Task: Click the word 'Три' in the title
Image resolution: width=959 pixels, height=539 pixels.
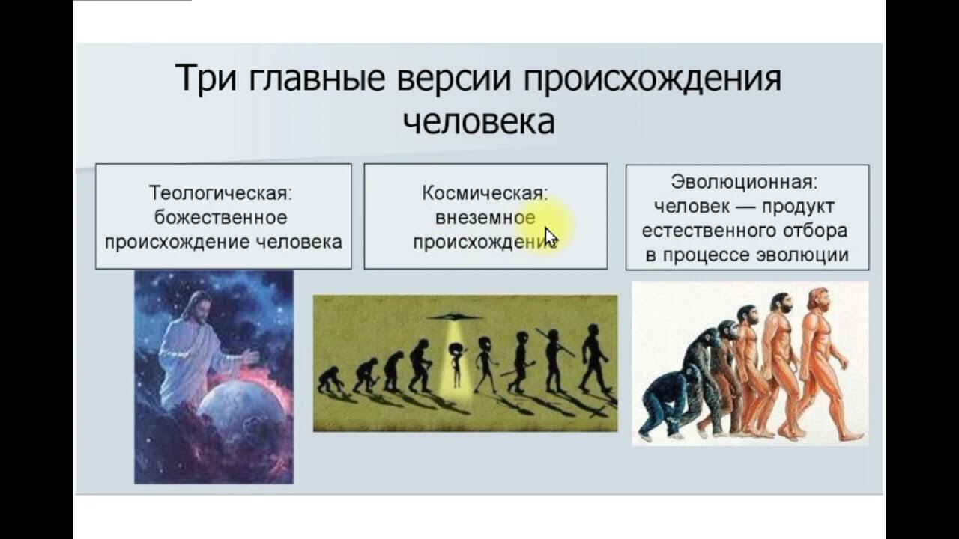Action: [x=206, y=78]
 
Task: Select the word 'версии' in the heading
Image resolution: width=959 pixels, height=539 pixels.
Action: [x=454, y=78]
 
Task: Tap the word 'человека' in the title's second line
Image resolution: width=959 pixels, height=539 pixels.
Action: [x=479, y=121]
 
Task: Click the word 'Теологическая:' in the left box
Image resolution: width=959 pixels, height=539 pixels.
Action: [x=221, y=193]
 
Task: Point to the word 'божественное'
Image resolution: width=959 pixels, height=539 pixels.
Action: [x=221, y=217]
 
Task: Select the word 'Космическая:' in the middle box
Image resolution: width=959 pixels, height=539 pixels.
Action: [x=485, y=193]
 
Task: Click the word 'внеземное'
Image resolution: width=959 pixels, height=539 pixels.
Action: [x=485, y=218]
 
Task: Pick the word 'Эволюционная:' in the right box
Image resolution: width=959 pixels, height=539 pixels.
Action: [x=744, y=182]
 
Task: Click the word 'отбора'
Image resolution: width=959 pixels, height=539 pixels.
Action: [x=815, y=231]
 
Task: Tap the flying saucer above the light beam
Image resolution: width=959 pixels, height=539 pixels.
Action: [x=453, y=317]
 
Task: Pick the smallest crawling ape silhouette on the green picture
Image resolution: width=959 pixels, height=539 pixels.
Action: [x=329, y=379]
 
